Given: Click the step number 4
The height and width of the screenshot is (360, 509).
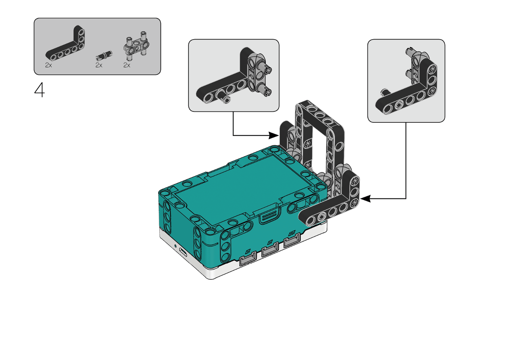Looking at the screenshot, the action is click(40, 90).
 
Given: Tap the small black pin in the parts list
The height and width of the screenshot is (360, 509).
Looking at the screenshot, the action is click(104, 55).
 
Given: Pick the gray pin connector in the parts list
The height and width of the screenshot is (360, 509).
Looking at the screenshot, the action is click(136, 46).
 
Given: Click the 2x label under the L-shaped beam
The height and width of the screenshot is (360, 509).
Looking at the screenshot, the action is click(48, 65).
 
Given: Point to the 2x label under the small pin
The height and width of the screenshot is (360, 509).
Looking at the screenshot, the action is click(99, 65).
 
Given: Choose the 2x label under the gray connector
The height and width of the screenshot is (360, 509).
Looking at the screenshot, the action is click(127, 65).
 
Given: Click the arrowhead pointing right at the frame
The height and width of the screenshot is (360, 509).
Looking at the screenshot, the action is click(273, 135).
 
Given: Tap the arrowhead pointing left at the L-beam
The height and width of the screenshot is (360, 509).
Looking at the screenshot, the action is click(365, 199).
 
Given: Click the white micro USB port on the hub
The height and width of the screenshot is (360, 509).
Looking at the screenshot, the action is click(183, 252).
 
